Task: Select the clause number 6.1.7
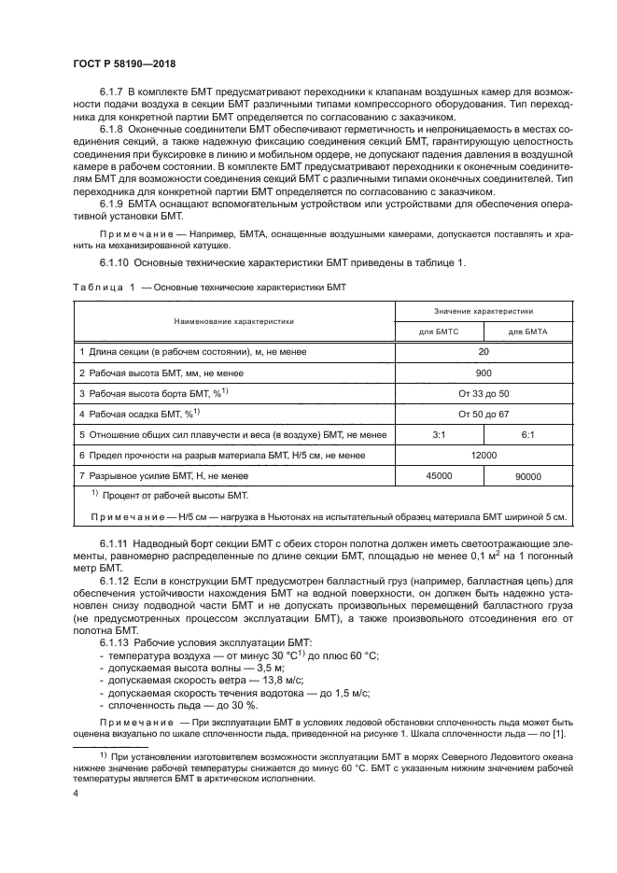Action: click(114, 95)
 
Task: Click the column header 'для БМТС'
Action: click(438, 331)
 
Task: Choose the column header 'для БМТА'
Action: click(528, 331)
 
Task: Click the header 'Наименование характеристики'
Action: click(233, 319)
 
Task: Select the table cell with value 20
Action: click(484, 352)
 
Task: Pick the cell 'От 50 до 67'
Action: click(484, 414)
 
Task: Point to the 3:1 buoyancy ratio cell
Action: click(438, 434)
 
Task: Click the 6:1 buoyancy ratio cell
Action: click(528, 434)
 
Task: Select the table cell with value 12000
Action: click(484, 455)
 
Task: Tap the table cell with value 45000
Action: click(438, 475)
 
